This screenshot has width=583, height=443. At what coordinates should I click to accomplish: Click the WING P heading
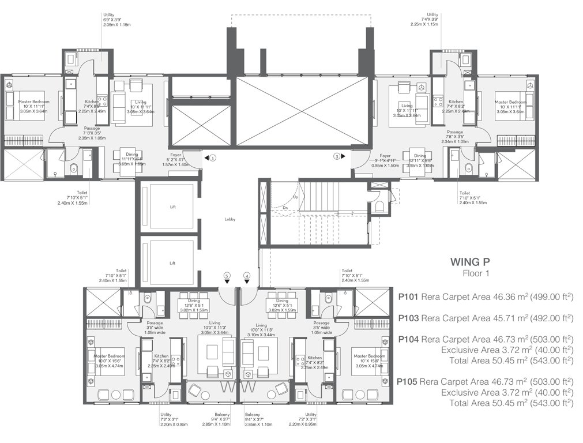(469, 262)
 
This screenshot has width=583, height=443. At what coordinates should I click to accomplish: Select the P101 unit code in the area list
(408, 296)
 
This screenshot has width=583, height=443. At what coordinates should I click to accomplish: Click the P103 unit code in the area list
(408, 318)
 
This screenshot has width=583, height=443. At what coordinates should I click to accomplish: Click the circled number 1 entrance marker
(212, 156)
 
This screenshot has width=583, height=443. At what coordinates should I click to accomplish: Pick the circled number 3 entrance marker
(337, 156)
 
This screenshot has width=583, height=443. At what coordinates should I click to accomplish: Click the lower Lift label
(172, 263)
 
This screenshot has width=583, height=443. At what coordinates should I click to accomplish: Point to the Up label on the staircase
(295, 197)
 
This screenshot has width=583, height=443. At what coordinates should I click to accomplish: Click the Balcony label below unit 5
(206, 415)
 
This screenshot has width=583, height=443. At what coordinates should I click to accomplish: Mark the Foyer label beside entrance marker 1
(172, 155)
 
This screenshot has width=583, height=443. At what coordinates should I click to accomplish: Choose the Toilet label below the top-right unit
(464, 193)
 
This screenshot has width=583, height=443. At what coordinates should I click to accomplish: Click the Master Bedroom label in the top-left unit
(33, 102)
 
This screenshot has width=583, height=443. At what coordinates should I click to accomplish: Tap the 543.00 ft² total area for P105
(552, 403)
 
